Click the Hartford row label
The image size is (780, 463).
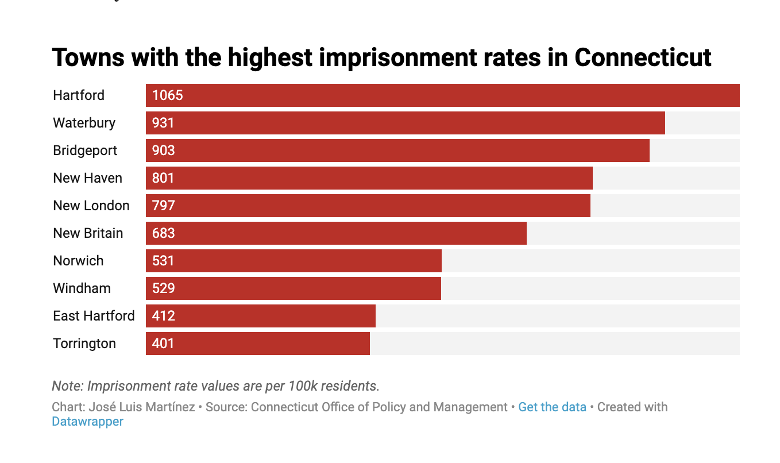pos(79,95)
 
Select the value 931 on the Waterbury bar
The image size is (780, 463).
pos(163,123)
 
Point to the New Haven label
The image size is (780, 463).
pos(87,178)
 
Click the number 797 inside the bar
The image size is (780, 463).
pos(163,206)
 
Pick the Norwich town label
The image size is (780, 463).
pos(78,261)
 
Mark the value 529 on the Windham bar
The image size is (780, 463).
pos(163,288)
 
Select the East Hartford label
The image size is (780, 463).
pos(94,316)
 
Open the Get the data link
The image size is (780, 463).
pos(552,407)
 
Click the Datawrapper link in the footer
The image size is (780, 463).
pos(87,422)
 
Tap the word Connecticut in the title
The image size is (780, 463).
pos(643,57)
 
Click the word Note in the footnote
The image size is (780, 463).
pos(66,385)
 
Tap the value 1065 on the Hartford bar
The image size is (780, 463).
pos(167,95)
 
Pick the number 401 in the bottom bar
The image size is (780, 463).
pos(163,344)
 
